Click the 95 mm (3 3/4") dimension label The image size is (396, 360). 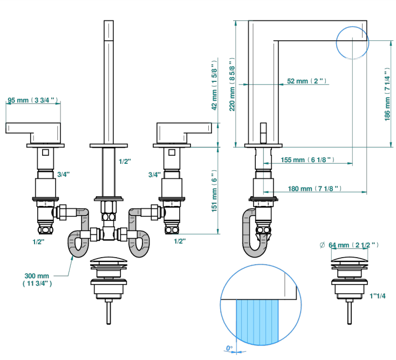point(32,100)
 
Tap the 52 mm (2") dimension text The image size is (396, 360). point(306,81)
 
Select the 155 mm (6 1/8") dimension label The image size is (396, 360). point(308,160)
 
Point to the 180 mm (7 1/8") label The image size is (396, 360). point(315,189)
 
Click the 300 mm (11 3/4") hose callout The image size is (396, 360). point(37,280)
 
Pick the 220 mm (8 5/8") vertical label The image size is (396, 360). point(232,84)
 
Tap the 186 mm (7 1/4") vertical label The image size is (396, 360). point(387,94)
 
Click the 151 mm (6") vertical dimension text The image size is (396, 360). point(214,191)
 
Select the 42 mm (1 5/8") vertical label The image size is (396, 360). point(214,85)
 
